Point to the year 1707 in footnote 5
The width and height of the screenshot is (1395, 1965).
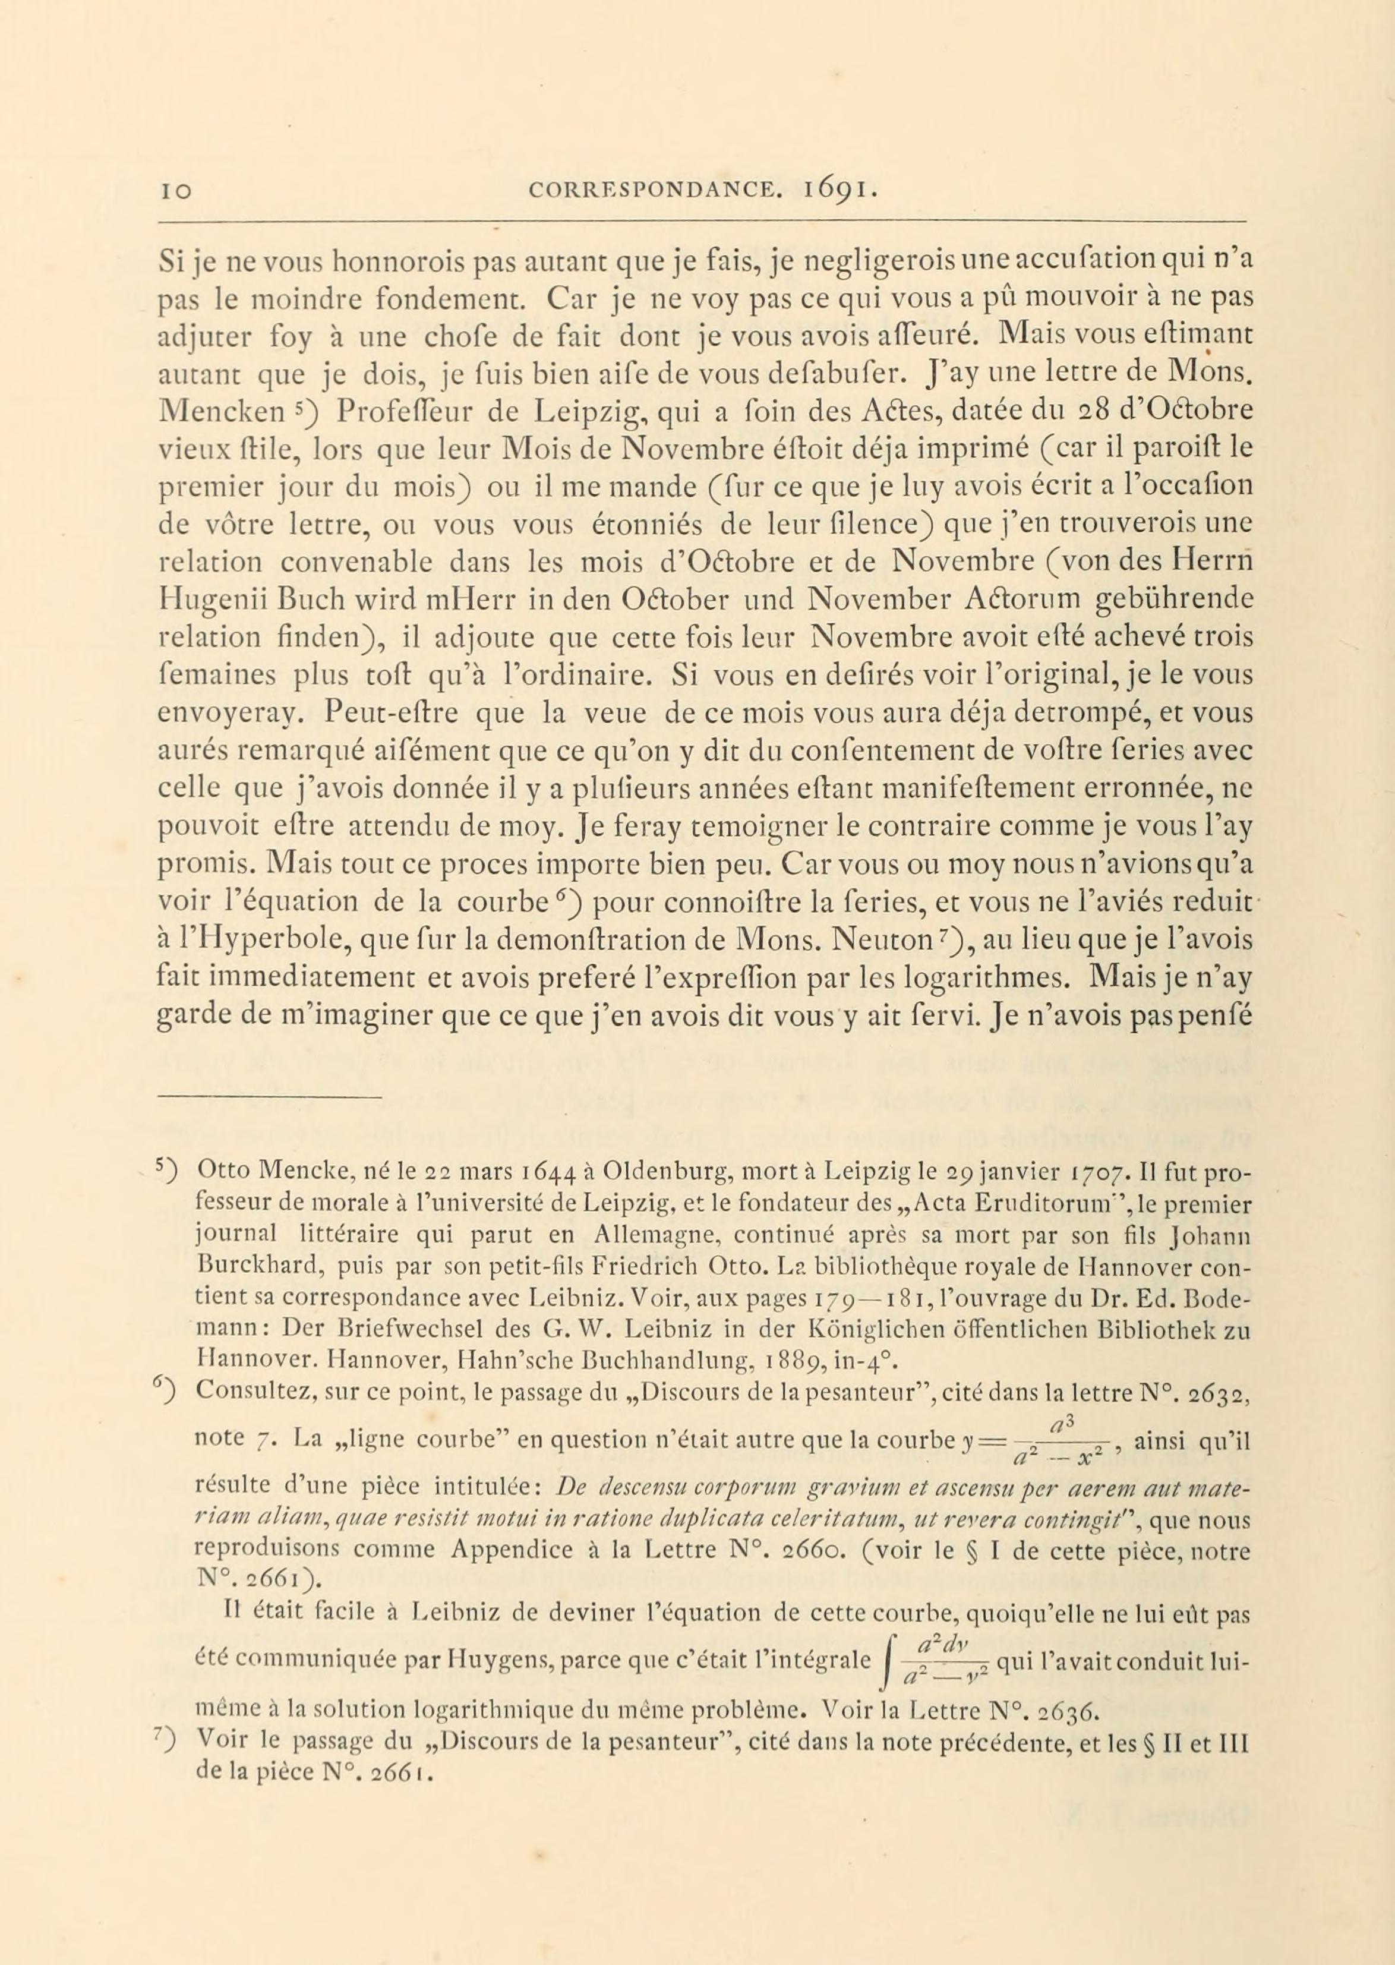(x=1103, y=1171)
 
